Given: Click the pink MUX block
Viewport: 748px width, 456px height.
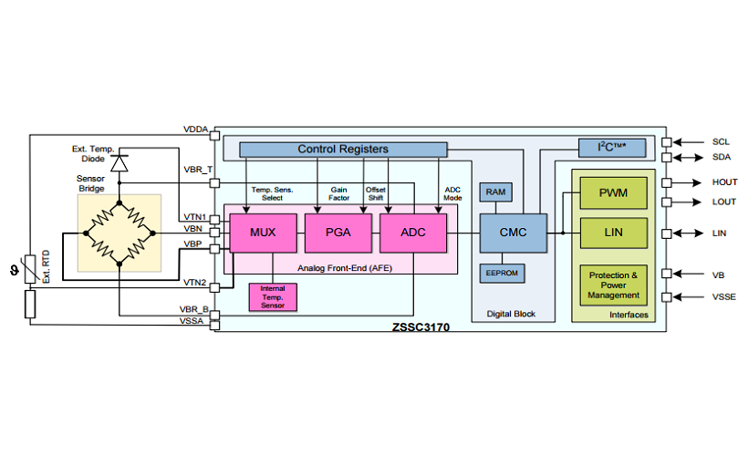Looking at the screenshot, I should [263, 233].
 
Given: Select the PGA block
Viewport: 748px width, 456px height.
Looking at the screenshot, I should [338, 233].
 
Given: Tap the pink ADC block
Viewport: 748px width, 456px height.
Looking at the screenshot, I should [414, 233].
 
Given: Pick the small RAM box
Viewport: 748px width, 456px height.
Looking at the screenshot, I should [495, 192].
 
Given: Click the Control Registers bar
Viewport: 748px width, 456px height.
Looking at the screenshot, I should [343, 149].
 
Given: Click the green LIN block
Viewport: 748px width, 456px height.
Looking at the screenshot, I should [614, 233].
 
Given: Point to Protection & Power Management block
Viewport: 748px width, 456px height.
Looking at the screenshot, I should [614, 285].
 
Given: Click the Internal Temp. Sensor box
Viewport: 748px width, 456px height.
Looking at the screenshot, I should [272, 297].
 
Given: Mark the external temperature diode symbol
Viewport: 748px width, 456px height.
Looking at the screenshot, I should [118, 162].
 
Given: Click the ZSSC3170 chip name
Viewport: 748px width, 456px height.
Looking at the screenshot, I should [420, 326].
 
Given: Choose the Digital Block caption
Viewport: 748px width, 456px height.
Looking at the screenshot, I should [511, 314].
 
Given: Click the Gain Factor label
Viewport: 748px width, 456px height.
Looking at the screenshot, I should [339, 193].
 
